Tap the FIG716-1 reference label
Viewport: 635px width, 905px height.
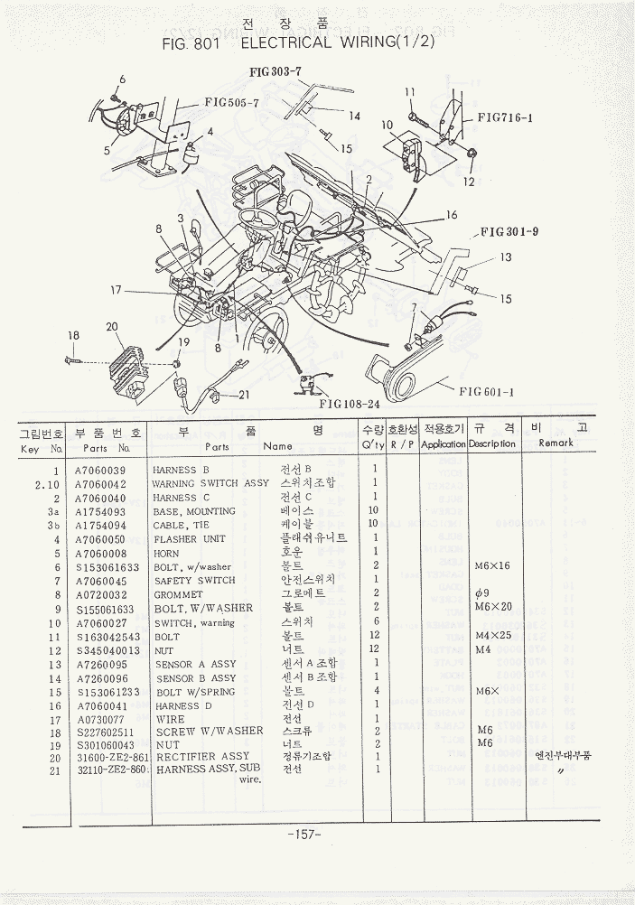tap(505, 117)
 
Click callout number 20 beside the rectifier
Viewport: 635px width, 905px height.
tap(112, 327)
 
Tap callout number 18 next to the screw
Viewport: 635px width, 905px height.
tap(73, 336)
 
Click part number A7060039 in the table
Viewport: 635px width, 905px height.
tap(101, 471)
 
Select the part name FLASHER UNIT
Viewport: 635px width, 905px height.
tap(188, 539)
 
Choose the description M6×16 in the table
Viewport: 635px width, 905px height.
tap(491, 566)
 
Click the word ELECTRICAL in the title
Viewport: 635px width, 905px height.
tap(270, 43)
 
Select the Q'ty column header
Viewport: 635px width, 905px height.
tap(372, 445)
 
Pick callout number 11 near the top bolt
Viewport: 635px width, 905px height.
tap(409, 92)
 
